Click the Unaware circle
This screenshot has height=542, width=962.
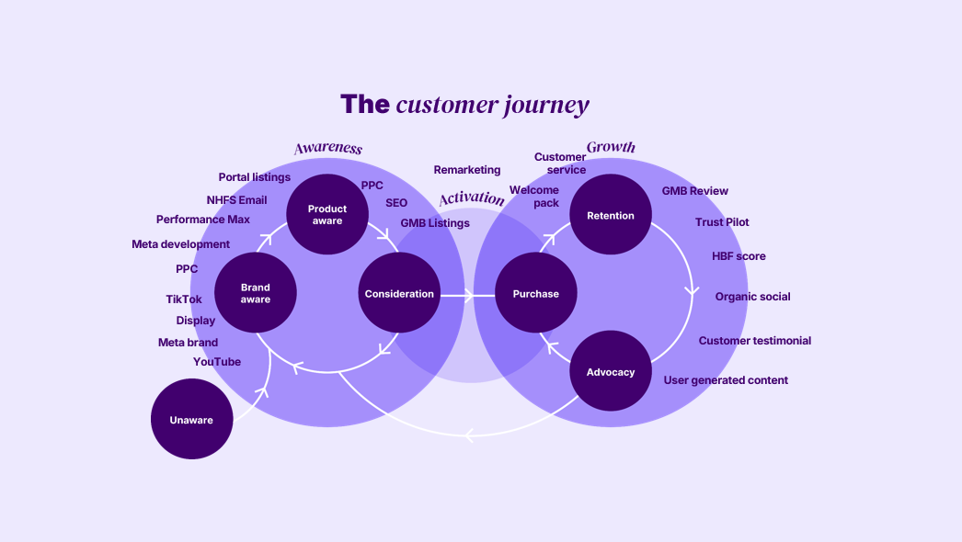pos(191,420)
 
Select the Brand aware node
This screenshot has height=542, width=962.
pos(255,294)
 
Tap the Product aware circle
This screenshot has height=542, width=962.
pos(326,215)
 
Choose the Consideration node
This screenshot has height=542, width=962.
pos(399,294)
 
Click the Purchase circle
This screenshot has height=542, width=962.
pos(535,294)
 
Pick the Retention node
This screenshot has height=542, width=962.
pos(611,216)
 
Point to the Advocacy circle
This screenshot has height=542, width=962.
pos(611,372)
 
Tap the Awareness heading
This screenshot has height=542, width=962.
pos(327,149)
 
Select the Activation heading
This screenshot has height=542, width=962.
pos(472,198)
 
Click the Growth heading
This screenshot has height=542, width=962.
pos(611,147)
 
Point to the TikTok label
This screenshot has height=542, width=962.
pos(184,299)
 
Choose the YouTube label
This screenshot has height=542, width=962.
pos(217,362)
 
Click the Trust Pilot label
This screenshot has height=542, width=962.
pos(722,222)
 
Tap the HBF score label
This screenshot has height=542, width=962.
pos(739,256)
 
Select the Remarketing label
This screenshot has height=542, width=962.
pos(467,170)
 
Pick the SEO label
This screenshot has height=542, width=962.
pos(396,203)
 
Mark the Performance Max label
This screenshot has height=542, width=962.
pos(203,220)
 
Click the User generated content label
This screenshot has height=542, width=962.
pos(726,380)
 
